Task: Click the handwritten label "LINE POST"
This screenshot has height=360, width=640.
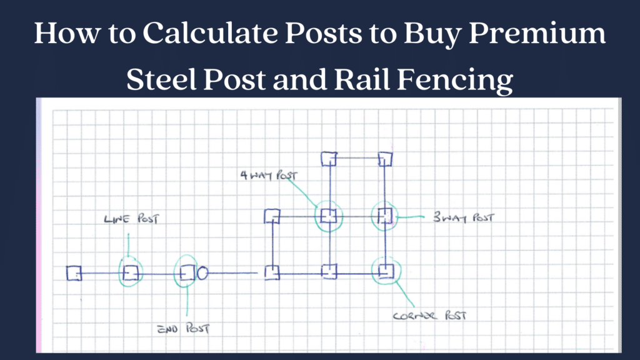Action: click(x=131, y=219)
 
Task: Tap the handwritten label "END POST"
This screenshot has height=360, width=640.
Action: click(x=183, y=329)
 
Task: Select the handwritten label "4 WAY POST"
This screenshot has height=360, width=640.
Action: click(x=269, y=175)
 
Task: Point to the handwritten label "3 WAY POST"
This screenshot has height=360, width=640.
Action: click(x=463, y=217)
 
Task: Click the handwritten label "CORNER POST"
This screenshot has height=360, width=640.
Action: click(x=429, y=316)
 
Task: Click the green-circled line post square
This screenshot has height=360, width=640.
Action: click(x=131, y=272)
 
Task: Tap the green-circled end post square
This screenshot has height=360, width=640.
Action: click(x=187, y=272)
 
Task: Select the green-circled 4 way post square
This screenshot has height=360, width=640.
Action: click(x=329, y=216)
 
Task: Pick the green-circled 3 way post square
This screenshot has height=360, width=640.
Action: click(x=384, y=216)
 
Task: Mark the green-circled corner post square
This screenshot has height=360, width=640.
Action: click(x=386, y=271)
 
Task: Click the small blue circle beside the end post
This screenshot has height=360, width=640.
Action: click(x=202, y=272)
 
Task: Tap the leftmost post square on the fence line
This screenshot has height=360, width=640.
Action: click(x=74, y=273)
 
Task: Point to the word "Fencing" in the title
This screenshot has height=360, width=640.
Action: click(x=455, y=79)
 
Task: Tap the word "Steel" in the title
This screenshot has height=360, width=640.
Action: click(x=161, y=79)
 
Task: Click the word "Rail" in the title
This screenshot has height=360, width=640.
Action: click(x=362, y=79)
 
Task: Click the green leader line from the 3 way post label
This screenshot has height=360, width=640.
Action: click(x=410, y=217)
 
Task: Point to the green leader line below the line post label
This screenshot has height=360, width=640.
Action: click(x=128, y=245)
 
